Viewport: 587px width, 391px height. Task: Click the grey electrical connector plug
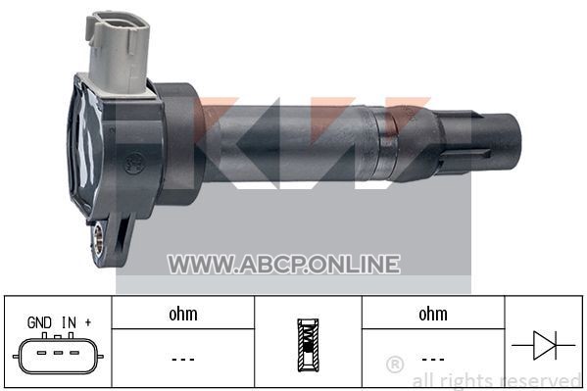(119, 53)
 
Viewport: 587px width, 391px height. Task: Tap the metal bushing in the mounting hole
(98, 237)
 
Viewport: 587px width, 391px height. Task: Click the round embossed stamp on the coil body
(133, 164)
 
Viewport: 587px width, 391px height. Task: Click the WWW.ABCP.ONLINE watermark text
(284, 264)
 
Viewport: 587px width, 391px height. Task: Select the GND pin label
(39, 322)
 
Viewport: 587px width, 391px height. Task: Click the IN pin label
(69, 322)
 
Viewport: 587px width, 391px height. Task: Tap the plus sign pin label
(88, 322)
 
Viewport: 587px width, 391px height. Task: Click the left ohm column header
(183, 314)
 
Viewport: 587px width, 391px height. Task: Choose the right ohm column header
(433, 314)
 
